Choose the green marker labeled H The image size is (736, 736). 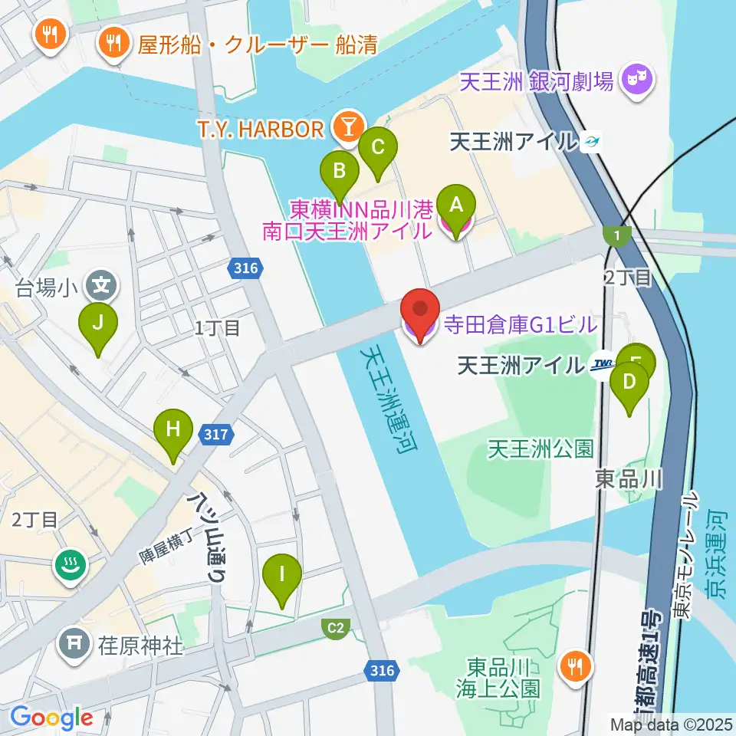[x=173, y=432]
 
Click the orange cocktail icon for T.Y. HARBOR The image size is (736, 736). [x=348, y=126]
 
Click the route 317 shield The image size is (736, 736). [x=217, y=435]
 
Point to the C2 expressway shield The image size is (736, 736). [x=336, y=629]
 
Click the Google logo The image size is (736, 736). [x=51, y=718]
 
